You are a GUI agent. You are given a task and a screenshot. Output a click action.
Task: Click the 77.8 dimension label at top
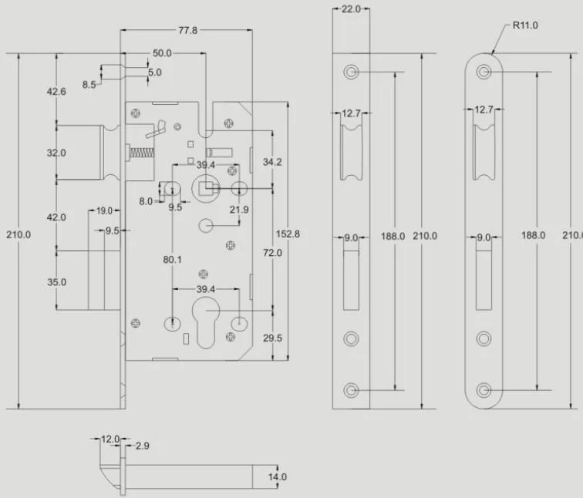187,30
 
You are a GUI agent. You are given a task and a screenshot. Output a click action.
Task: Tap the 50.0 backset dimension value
162,53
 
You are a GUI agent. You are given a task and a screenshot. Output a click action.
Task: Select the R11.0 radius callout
525,25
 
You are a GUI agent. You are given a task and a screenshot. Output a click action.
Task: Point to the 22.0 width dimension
351,9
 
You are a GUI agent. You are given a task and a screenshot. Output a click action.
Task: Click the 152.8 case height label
288,234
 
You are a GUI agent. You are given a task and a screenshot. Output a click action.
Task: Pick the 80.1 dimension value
173,259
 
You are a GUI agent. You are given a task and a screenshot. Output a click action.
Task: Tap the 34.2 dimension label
272,162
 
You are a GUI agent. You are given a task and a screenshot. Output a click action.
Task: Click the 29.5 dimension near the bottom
272,338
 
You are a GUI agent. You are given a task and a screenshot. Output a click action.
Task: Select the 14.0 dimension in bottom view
278,477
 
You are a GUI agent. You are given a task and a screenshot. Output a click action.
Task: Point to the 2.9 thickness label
143,446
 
